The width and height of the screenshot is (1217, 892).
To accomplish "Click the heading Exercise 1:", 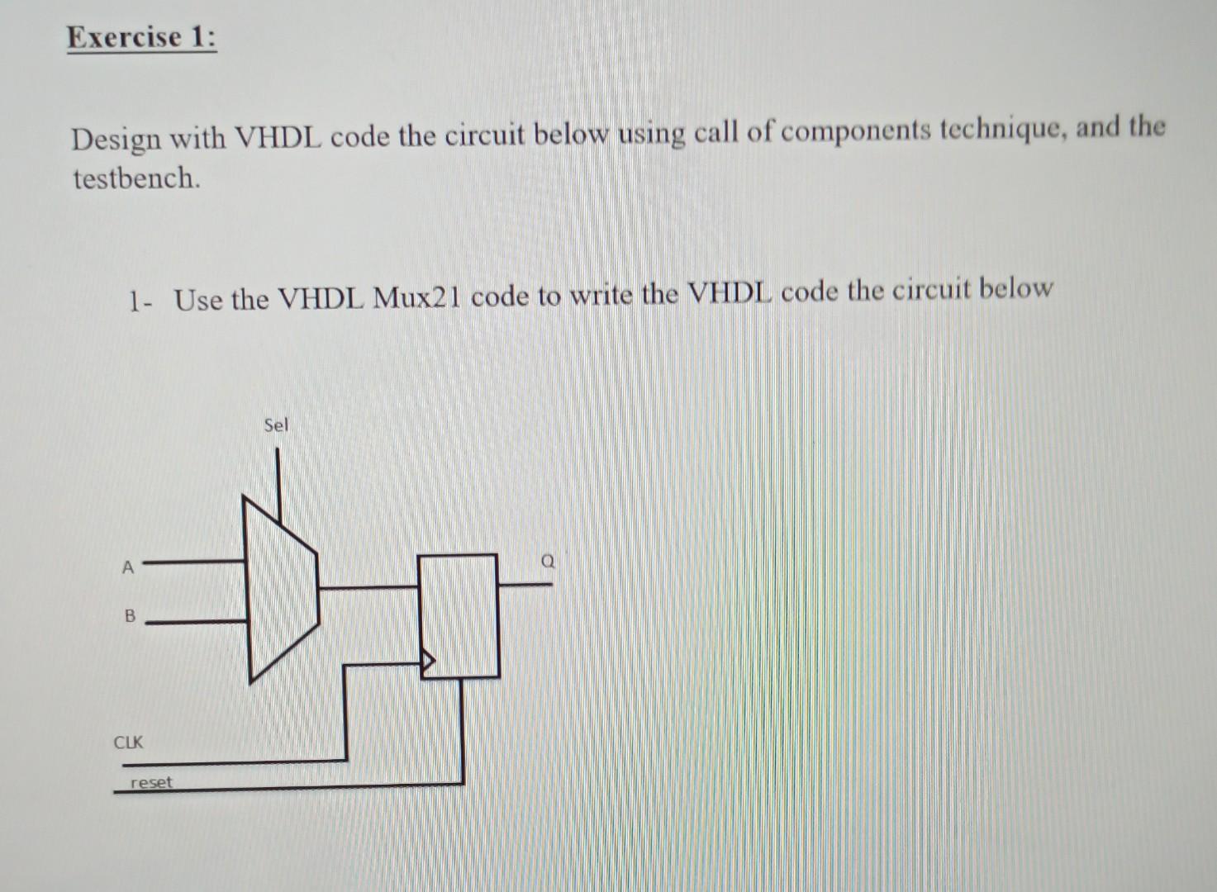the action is [x=142, y=38].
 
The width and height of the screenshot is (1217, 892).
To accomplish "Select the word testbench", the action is [x=136, y=178].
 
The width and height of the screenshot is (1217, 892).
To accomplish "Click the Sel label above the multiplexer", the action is [x=276, y=425].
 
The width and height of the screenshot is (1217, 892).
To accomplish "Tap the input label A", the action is [x=127, y=567].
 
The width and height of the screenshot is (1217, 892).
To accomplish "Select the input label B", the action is [x=129, y=616].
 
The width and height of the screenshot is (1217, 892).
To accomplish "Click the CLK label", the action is [x=128, y=742].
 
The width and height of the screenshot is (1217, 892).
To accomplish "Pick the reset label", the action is [x=152, y=781].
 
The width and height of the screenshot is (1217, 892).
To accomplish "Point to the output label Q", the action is [x=547, y=562].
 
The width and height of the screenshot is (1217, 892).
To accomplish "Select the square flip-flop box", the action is [x=459, y=615].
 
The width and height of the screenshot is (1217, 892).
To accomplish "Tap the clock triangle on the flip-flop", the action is [x=429, y=660].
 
